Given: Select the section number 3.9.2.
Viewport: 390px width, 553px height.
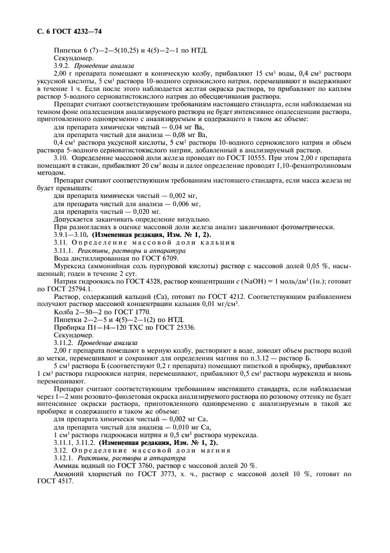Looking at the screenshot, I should (63, 66).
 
